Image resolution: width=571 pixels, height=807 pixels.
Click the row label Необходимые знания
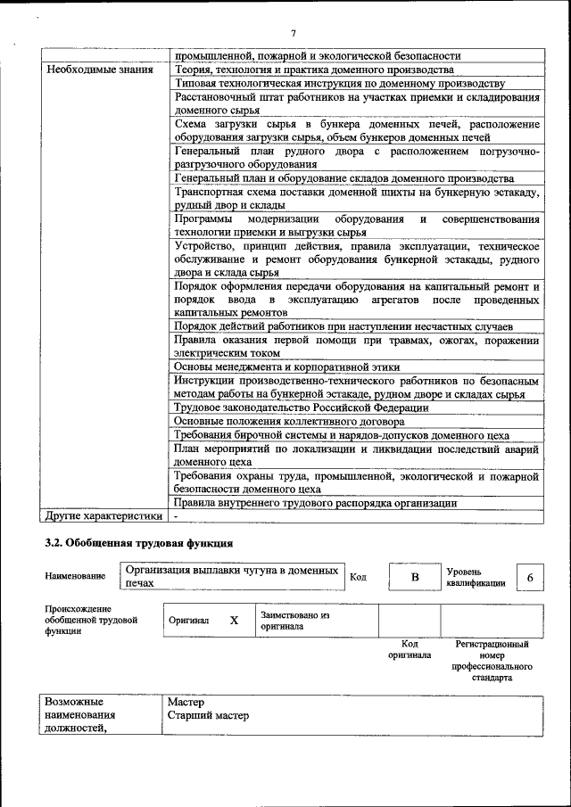pos(99,69)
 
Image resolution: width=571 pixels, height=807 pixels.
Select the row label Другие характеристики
pos(103,515)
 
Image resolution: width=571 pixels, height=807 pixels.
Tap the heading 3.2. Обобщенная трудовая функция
pos(140,542)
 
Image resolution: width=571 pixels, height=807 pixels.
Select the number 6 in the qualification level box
pos(529,577)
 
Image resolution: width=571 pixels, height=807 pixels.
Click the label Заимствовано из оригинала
pos(295,621)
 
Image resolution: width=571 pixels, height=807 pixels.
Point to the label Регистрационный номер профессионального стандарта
pos(492,660)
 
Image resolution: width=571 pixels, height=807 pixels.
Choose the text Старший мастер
pos(208,715)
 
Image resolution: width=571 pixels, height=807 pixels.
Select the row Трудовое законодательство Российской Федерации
pos(301,408)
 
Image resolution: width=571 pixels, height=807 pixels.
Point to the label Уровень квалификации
pos(476,577)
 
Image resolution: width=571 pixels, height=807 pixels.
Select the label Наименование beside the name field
pos(75,577)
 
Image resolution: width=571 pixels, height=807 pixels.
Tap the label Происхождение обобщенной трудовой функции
pos(91,620)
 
